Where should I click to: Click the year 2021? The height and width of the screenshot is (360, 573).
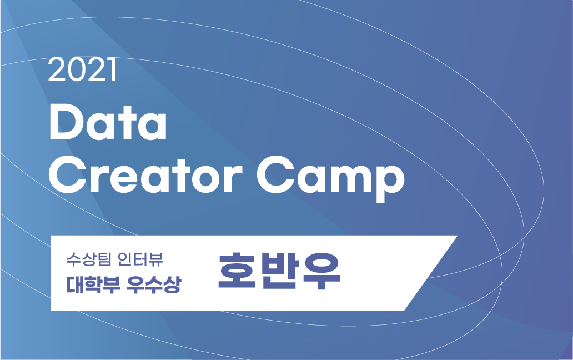pyautogui.click(x=82, y=71)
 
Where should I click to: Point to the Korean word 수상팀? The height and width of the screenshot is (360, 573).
pyautogui.click(x=83, y=259)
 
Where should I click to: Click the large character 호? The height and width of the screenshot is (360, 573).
pyautogui.click(x=237, y=272)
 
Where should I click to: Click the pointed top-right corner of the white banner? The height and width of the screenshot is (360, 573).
pyautogui.click(x=456, y=237)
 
